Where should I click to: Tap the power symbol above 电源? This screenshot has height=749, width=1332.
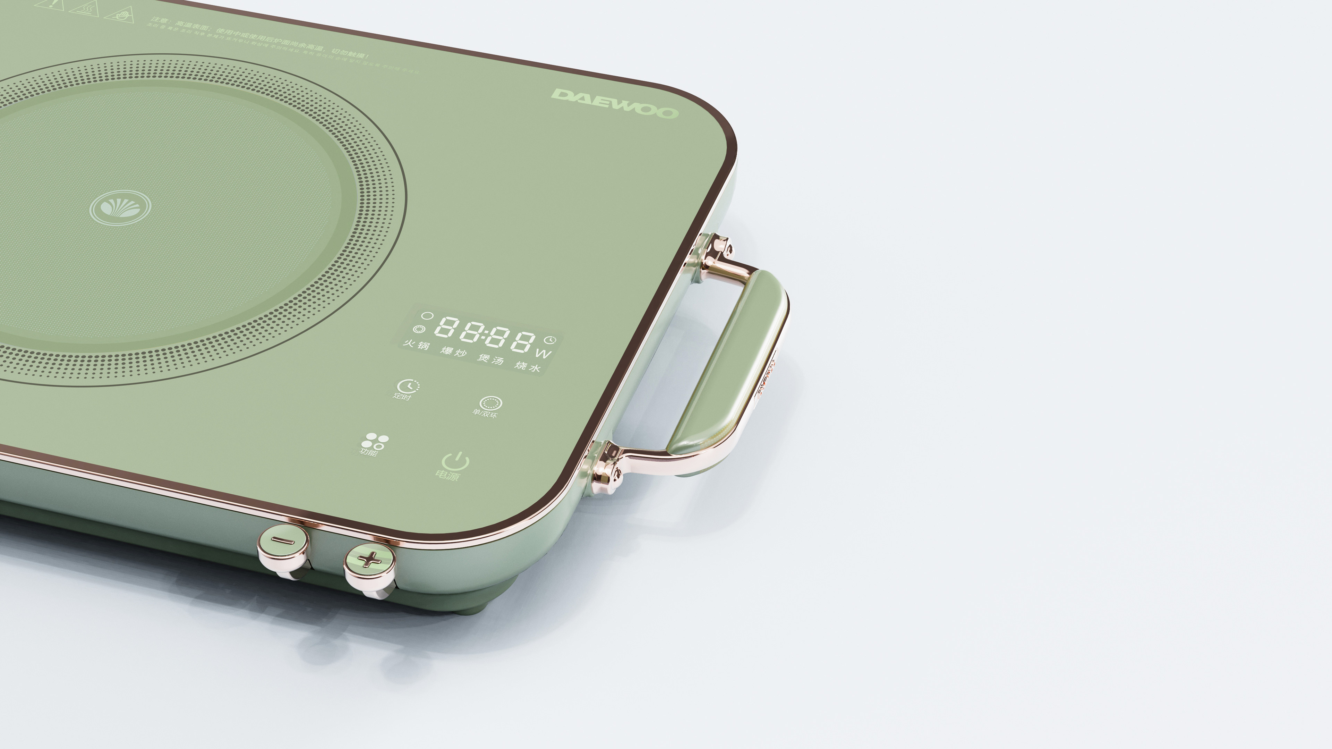[x=455, y=460]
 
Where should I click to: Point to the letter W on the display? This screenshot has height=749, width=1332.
[x=544, y=354]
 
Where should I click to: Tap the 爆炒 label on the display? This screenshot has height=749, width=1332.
[x=453, y=352]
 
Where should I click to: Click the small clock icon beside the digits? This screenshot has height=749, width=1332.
[x=550, y=340]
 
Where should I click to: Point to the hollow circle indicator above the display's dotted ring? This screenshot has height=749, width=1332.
[x=427, y=315]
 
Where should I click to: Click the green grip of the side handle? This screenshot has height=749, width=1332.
[x=726, y=362]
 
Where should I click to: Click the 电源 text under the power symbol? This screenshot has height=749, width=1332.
[x=447, y=475]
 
